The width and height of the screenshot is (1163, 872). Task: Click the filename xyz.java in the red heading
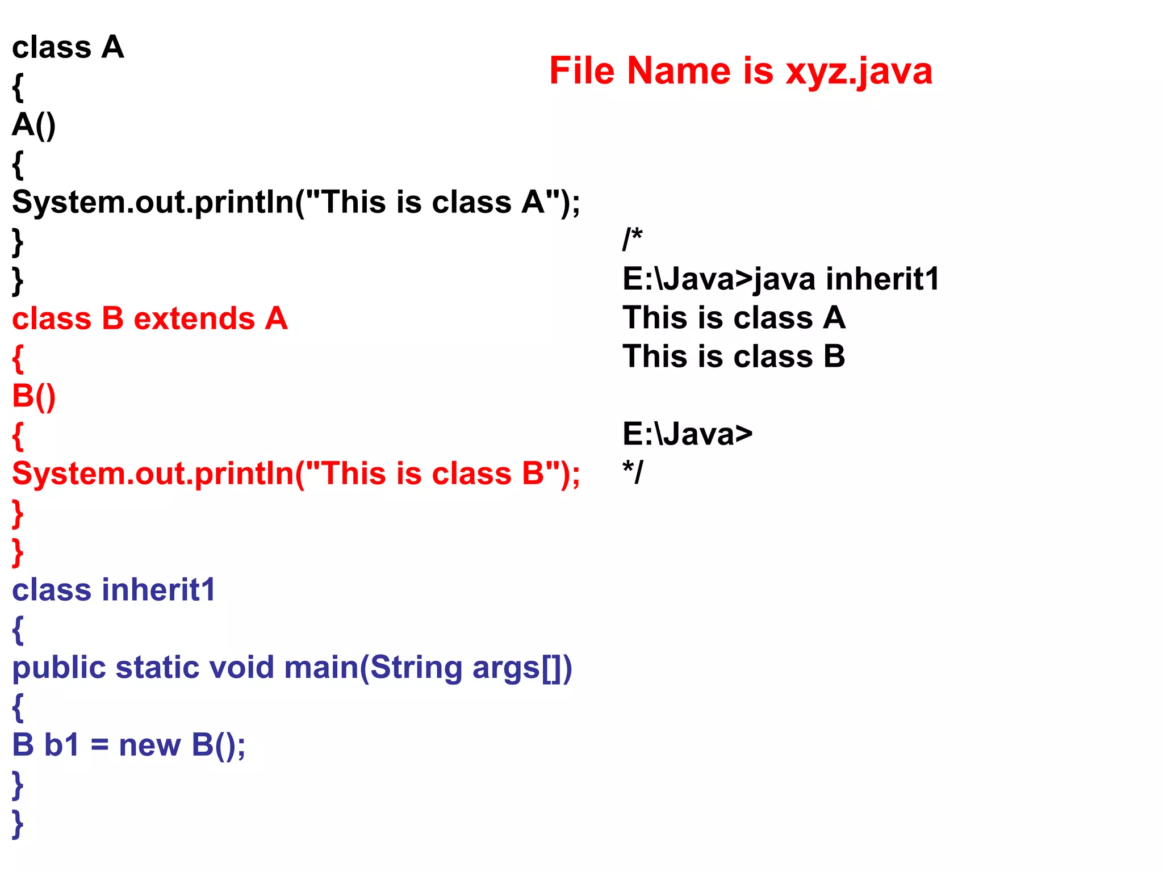pyautogui.click(x=859, y=72)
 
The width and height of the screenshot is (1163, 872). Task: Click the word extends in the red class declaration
pyautogui.click(x=194, y=318)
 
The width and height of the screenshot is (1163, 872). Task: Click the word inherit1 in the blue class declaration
pyautogui.click(x=159, y=590)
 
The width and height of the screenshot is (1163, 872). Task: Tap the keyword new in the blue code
pyautogui.click(x=149, y=745)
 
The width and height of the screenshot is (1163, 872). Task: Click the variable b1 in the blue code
pyautogui.click(x=61, y=745)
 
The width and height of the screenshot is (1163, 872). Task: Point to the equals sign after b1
pyautogui.click(x=99, y=746)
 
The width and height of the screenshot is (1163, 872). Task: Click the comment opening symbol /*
pyautogui.click(x=632, y=238)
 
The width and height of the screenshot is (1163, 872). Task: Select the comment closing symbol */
pyautogui.click(x=633, y=472)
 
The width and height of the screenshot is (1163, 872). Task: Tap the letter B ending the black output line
pyautogui.click(x=834, y=357)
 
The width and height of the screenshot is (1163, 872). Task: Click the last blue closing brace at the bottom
pyautogui.click(x=18, y=823)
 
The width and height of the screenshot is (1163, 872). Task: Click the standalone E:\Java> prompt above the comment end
pyautogui.click(x=687, y=434)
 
